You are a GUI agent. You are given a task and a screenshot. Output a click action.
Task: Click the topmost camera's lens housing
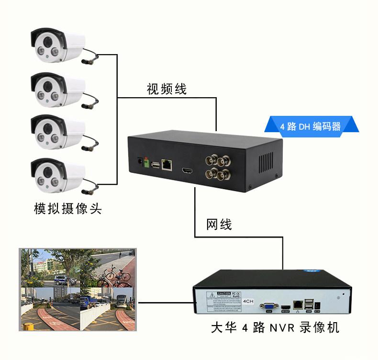[x=48, y=45]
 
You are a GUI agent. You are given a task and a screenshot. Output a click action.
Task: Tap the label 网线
[x=219, y=224]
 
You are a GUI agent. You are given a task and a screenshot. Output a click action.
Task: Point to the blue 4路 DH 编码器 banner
[x=311, y=126]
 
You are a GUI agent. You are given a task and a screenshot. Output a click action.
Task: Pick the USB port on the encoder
[x=155, y=165]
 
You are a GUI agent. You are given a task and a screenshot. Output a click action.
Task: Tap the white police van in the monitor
[x=62, y=280]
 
